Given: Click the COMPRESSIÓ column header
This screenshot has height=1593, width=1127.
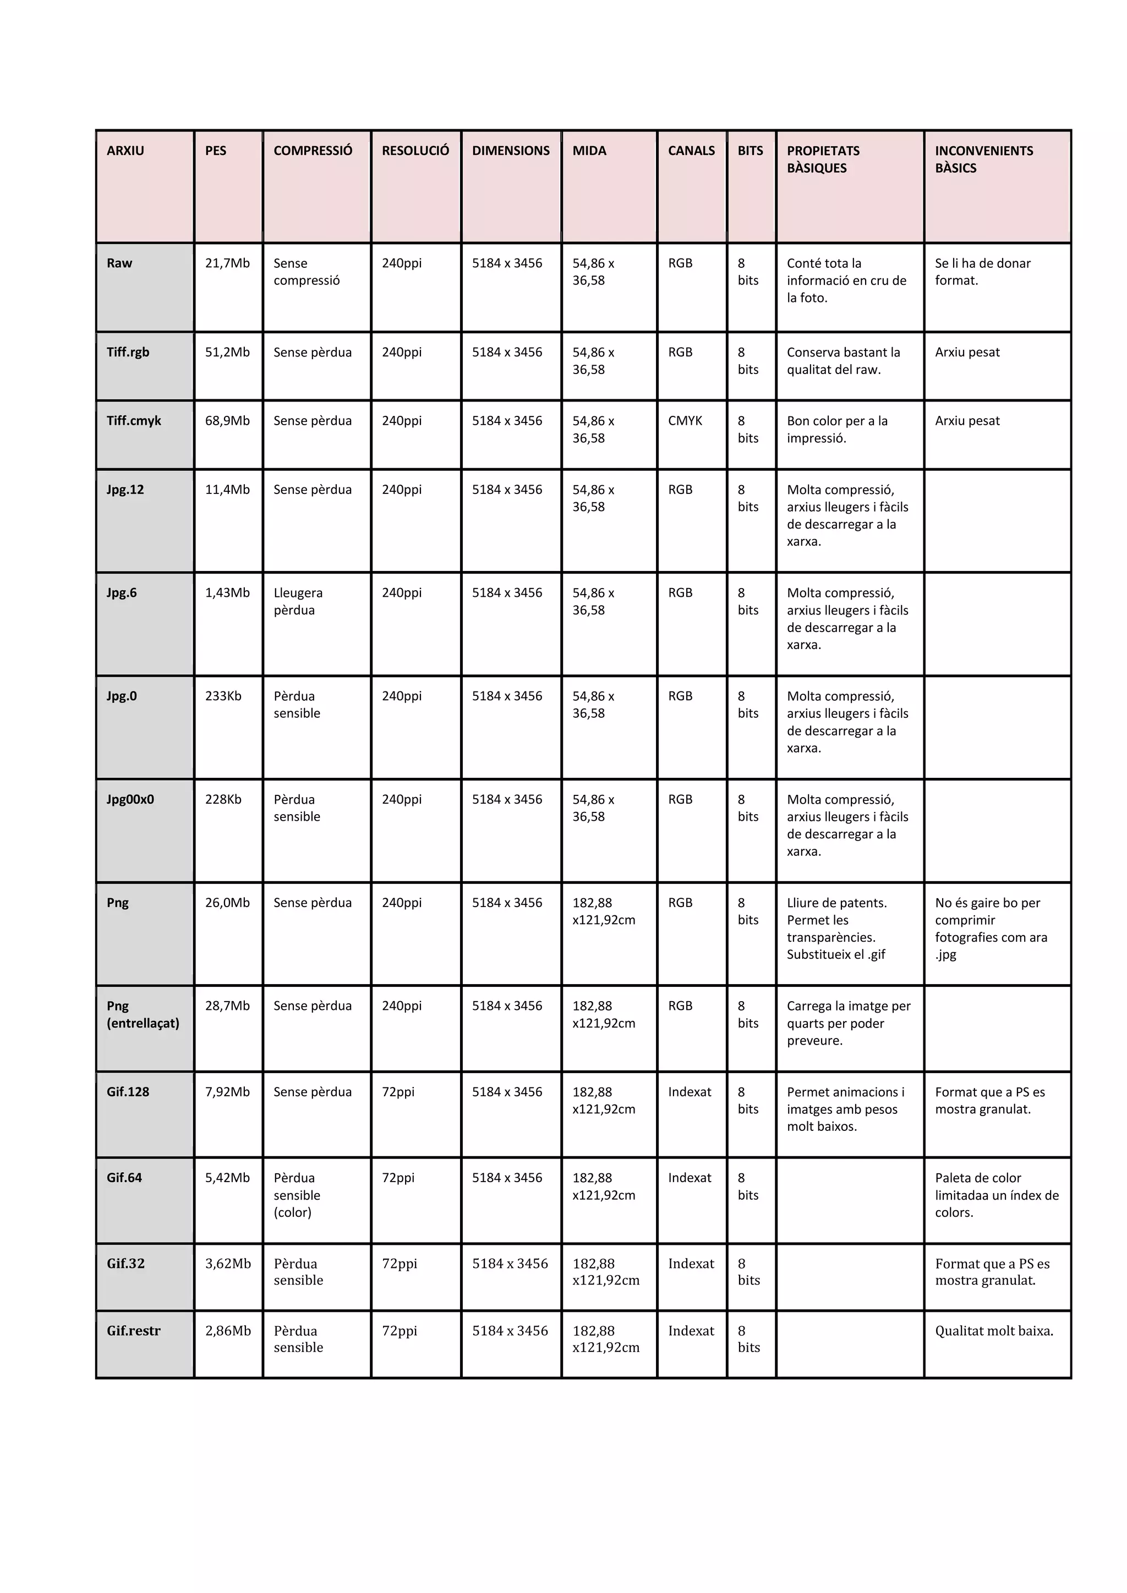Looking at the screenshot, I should pos(313,151).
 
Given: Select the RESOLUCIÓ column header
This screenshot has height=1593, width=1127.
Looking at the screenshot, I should pos(415,151).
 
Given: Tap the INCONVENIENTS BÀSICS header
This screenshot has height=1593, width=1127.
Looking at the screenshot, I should pos(983,159).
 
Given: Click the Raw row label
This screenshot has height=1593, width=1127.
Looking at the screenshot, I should pos(119,263).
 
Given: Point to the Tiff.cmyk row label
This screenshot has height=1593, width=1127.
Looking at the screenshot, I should pos(133,420).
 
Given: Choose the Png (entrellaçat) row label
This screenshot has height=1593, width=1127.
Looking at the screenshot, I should pos(143,1014).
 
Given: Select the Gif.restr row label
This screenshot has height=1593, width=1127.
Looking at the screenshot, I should pos(133,1330).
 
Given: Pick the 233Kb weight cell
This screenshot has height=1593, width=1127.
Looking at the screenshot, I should pos(223,696).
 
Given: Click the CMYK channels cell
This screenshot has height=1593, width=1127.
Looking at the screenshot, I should pos(685,420).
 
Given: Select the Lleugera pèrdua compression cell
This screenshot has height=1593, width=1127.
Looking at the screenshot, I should pos(298,601).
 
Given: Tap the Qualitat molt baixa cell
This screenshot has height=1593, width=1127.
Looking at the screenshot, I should pos(994,1330).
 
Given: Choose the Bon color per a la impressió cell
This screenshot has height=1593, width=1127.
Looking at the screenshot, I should pos(837,429).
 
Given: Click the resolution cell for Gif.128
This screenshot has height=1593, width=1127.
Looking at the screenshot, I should pos(398,1091).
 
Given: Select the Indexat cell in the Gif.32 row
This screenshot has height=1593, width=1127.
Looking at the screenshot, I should pos(691,1264).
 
